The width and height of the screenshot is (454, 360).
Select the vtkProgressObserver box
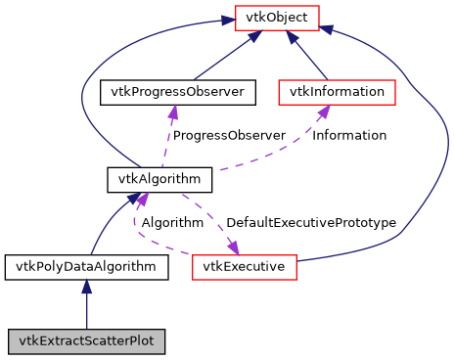(178, 93)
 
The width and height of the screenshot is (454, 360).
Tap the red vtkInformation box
(338, 93)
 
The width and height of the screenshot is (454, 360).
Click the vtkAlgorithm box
(159, 179)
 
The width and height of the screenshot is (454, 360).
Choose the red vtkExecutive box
(244, 266)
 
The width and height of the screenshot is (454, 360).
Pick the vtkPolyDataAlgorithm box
(86, 266)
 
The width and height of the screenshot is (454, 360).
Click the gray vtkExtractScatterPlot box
(86, 341)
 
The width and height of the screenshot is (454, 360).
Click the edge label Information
(349, 135)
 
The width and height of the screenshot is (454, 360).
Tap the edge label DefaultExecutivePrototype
(311, 223)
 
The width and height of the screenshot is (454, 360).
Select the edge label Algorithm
(172, 223)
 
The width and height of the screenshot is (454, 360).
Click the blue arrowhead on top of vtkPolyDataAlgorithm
(86, 287)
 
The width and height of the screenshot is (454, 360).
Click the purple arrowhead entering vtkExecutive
(234, 247)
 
